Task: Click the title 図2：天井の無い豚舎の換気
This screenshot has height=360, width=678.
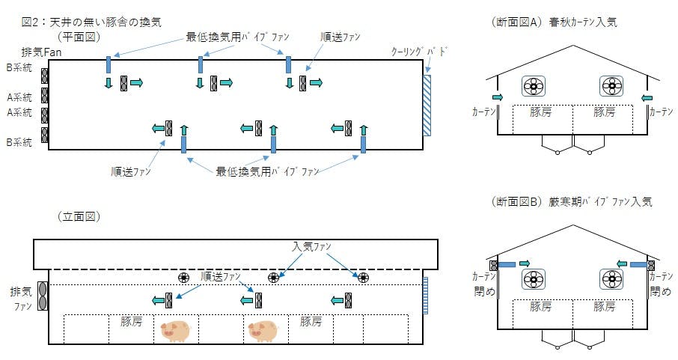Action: pos(91,22)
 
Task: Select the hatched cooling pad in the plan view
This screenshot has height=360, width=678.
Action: pos(427,105)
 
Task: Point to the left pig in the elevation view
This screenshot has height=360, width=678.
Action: pos(177,330)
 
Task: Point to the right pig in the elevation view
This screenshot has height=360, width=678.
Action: pos(262,330)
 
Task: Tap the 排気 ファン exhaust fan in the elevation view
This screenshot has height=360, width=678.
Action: pos(42,296)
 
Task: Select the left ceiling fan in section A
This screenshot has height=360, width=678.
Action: pos(534,87)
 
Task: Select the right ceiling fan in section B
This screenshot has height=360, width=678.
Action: pos(612,280)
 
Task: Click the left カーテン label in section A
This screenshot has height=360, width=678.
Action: pos(483,111)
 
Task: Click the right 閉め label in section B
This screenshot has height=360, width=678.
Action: pos(661,290)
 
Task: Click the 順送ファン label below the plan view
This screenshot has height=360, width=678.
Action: pos(130,171)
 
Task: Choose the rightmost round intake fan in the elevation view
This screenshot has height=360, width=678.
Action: pos(363,278)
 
